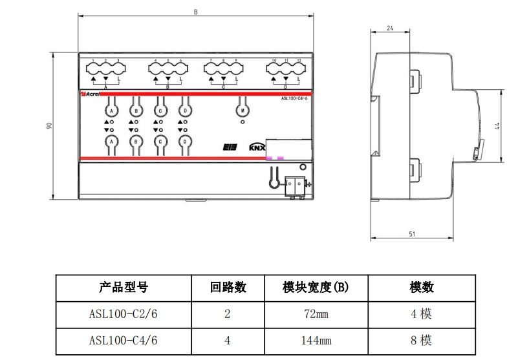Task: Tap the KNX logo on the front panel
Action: (x=257, y=147)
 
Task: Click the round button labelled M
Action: (x=243, y=111)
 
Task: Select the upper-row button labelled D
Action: (x=185, y=111)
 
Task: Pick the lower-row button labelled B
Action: (x=136, y=141)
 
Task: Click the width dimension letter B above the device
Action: (x=195, y=12)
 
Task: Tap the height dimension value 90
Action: (x=49, y=127)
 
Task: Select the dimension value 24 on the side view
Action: (x=389, y=28)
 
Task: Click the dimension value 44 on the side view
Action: (x=498, y=127)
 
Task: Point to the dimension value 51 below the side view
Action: (x=412, y=234)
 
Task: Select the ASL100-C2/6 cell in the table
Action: (x=124, y=314)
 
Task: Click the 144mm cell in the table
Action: (x=316, y=340)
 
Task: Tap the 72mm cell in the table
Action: (x=316, y=314)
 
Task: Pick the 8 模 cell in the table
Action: (x=422, y=340)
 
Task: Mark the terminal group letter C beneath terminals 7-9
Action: (x=223, y=86)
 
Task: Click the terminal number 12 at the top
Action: (x=299, y=60)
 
